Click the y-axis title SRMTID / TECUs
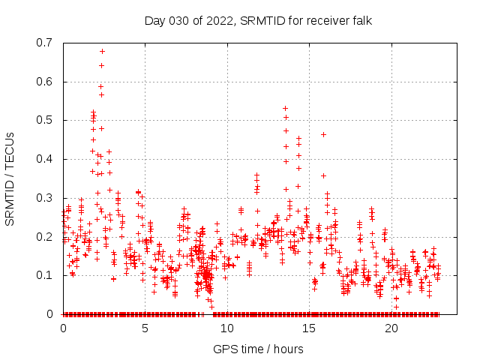click(x=10, y=178)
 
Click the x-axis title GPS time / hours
click(x=258, y=349)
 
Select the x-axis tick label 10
click(x=227, y=328)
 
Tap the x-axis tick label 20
click(x=391, y=328)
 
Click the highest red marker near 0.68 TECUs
click(x=102, y=51)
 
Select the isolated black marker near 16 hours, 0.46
click(x=323, y=134)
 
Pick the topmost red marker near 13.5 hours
click(x=285, y=108)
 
